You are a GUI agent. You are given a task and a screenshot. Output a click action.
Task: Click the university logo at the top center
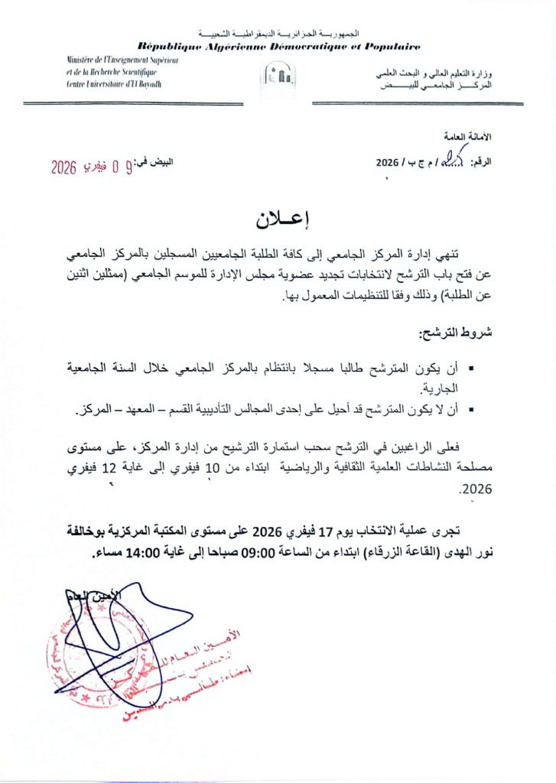[x=278, y=75]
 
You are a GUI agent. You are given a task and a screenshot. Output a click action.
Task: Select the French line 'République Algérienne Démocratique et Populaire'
[x=279, y=47]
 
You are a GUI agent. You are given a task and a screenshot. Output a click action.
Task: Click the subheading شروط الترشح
[x=447, y=333]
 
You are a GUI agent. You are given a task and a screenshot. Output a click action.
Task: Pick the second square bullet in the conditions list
[x=470, y=413]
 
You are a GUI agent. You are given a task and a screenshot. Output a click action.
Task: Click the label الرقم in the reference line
[x=482, y=163]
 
